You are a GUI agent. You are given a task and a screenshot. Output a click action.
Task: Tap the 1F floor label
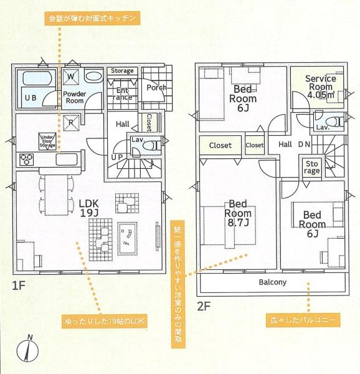tap(19, 285)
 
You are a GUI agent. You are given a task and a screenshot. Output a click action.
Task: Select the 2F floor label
tap(204, 307)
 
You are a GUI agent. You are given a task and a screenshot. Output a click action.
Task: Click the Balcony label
tap(273, 282)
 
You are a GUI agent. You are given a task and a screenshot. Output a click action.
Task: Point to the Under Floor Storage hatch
tap(48, 141)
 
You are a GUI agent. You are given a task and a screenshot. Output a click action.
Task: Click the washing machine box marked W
tap(71, 77)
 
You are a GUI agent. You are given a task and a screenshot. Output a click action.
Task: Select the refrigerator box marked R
tap(71, 123)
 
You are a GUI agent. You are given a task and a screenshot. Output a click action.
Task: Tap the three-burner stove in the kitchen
tap(26, 160)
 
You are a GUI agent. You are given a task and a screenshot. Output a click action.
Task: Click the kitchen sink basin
tap(67, 160)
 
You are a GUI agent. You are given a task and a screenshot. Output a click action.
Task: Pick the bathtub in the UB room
tap(36, 78)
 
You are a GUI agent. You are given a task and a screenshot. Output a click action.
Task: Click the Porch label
tap(156, 87)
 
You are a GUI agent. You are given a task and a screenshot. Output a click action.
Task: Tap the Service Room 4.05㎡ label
tap(321, 87)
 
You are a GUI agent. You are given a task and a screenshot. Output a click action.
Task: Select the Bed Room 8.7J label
tap(238, 213)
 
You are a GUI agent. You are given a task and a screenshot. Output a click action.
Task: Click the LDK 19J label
tap(89, 208)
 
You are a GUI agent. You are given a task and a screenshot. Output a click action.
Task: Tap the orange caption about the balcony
tap(303, 320)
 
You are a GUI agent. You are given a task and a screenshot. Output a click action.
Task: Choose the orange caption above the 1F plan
tap(92, 18)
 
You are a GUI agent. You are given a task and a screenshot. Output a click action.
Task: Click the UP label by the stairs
tap(117, 157)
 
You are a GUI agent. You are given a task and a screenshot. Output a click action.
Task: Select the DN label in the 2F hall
tap(304, 145)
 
